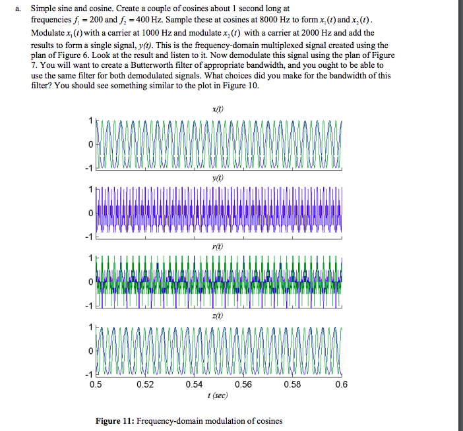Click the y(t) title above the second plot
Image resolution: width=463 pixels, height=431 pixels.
pyautogui.click(x=217, y=177)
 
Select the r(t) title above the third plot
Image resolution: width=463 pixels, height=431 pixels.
pyautogui.click(x=217, y=246)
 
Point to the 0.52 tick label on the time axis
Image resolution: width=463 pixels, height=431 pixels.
pyautogui.click(x=145, y=386)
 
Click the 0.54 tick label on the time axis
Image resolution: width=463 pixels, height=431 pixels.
pyautogui.click(x=194, y=386)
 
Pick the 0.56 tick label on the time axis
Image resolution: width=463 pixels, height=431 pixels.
pyautogui.click(x=243, y=386)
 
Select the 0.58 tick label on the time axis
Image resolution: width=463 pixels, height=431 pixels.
pyautogui.click(x=292, y=386)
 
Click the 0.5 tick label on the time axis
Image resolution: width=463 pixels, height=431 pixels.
pyautogui.click(x=96, y=386)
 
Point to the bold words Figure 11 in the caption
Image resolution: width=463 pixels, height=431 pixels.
pyautogui.click(x=115, y=420)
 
